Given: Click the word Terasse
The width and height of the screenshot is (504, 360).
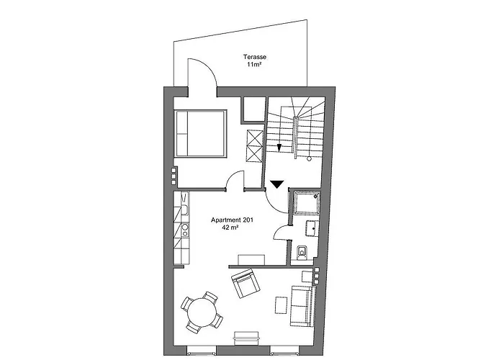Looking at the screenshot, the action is (255, 57).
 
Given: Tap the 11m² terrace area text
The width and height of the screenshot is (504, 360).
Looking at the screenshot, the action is (253, 65).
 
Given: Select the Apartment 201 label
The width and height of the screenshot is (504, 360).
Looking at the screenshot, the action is (232, 220).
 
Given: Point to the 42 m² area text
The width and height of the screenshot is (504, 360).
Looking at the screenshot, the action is (230, 228).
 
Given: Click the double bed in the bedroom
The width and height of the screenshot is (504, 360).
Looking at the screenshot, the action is (200, 133).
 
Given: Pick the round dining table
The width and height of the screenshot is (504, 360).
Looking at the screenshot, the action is (202, 312).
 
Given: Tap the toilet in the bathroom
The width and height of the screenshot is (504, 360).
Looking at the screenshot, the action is (302, 252).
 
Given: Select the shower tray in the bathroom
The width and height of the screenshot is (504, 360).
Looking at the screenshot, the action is (307, 203).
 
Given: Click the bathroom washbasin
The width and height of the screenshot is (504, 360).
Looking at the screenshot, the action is (312, 228).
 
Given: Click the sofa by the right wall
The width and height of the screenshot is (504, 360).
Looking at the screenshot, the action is (302, 306).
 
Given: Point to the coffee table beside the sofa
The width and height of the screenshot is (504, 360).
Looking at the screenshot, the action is (281, 305).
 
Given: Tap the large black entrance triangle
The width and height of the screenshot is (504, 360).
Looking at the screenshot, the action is (276, 184).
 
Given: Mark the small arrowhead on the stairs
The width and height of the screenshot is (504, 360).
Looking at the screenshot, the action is (279, 148).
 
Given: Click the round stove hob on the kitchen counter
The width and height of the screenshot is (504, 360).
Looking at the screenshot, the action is (185, 228).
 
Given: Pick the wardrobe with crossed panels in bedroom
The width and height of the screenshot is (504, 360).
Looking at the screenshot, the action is (255, 146).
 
